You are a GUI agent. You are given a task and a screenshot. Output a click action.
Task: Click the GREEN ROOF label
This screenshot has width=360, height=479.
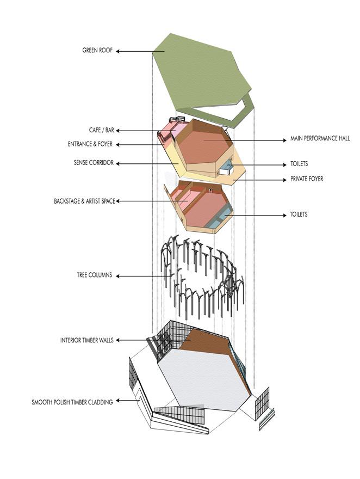(x=97, y=51)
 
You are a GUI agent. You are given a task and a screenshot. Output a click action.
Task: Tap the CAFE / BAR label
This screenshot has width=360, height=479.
(x=101, y=131)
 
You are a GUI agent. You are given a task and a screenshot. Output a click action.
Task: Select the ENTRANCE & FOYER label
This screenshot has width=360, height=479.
(x=93, y=144)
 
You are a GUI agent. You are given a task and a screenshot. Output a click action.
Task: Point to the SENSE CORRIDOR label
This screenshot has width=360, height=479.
(x=94, y=163)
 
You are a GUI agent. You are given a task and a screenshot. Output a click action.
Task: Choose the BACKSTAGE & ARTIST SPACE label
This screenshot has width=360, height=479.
(x=84, y=201)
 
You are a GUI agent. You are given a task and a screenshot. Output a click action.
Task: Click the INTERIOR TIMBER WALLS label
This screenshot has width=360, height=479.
(x=86, y=340)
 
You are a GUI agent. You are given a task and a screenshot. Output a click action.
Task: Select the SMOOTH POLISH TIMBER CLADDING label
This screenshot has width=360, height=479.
(x=72, y=402)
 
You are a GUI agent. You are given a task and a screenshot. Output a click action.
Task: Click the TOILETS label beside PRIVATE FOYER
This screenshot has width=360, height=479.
(x=299, y=164)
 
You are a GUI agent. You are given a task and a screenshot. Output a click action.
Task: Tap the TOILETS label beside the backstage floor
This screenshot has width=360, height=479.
(x=299, y=215)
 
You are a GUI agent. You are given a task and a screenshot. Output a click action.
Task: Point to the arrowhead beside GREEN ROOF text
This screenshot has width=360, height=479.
(x=119, y=52)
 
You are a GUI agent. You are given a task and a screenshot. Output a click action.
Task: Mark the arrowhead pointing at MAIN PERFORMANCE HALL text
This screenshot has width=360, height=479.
(x=284, y=140)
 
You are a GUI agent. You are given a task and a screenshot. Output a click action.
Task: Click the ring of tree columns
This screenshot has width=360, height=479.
(x=201, y=278)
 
